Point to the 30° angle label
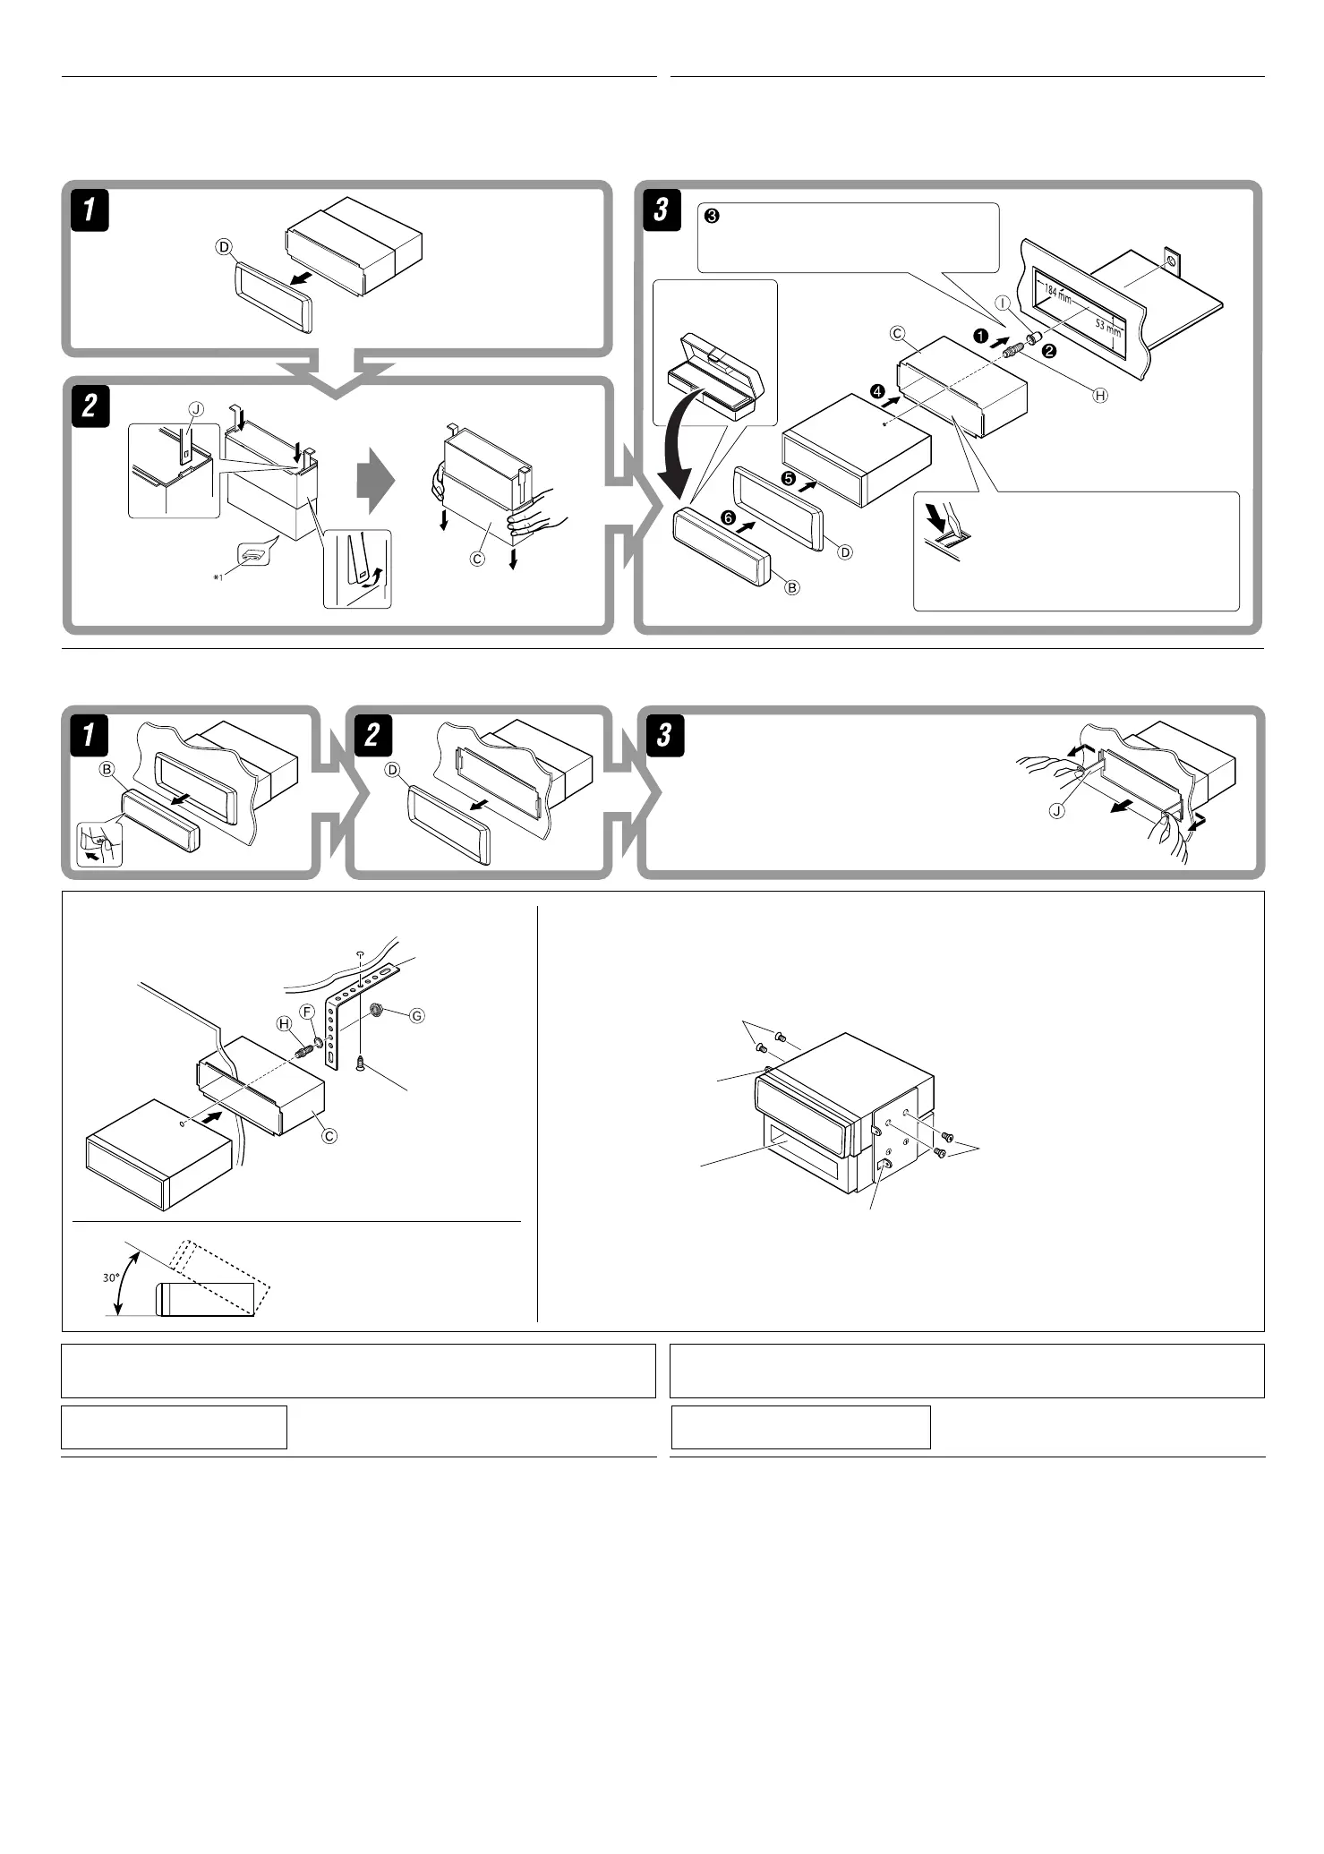(111, 1277)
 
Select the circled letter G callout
(416, 1016)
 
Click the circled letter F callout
(307, 1012)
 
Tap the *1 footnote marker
(218, 577)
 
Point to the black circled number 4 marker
(877, 392)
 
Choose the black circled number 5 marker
(789, 479)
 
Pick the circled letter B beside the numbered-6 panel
(791, 587)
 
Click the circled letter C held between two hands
(478, 559)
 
